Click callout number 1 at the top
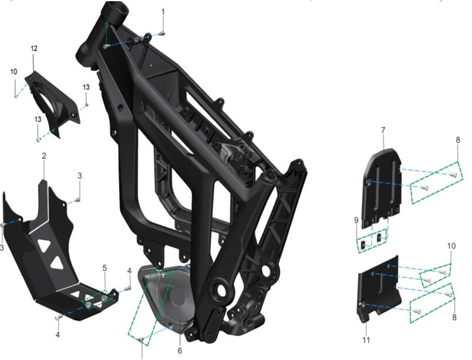click(x=163, y=12)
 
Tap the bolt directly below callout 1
click(x=163, y=32)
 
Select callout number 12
click(x=34, y=48)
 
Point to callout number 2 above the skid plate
click(x=44, y=156)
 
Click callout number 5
click(x=104, y=268)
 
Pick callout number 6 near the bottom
click(x=180, y=351)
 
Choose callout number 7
click(x=382, y=129)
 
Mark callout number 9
click(x=356, y=220)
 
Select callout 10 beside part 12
click(x=14, y=72)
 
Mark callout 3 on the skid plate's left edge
click(x=2, y=248)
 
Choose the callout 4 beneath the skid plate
click(x=58, y=335)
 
